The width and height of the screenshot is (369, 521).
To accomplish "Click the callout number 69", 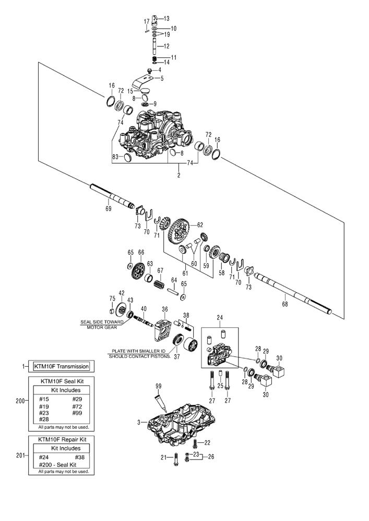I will [109, 208].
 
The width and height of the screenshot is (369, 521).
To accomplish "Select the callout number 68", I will [284, 301].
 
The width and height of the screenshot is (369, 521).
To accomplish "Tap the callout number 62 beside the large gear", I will [199, 225].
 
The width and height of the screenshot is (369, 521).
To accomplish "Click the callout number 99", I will [159, 386].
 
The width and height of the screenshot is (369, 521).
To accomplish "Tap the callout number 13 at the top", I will [166, 19].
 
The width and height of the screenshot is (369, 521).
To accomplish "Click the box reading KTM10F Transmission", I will [62, 366].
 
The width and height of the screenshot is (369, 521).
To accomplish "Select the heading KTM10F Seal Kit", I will [62, 381].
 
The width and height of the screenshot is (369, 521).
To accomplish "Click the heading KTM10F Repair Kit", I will [62, 439].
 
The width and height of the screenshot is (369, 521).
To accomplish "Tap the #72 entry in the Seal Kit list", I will [78, 405].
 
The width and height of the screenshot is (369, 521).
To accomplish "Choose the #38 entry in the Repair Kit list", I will [78, 456].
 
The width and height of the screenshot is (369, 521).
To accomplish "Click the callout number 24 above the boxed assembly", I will [219, 317].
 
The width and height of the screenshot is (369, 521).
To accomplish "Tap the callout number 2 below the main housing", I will [178, 176].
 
